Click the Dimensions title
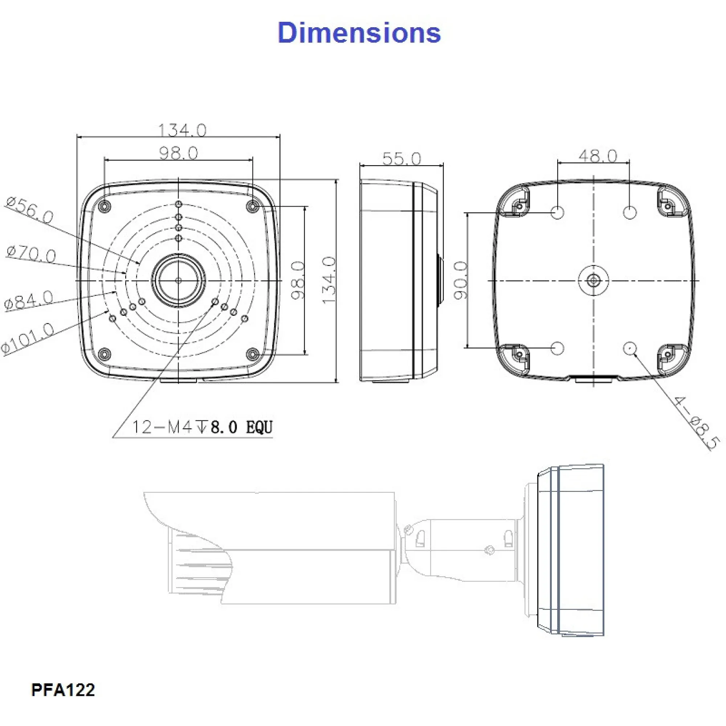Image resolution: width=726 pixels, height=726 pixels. coord(359,33)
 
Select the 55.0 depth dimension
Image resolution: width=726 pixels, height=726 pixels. coord(402,159)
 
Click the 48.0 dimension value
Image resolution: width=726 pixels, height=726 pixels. coord(597,156)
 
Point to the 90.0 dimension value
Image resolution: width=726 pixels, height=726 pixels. coord(461,281)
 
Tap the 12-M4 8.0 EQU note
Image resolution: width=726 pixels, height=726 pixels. coord(202,427)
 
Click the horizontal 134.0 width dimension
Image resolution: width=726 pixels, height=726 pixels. coord(182,130)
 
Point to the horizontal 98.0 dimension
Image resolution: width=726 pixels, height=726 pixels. coord(179,153)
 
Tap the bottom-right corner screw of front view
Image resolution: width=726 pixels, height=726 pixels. coord(253,354)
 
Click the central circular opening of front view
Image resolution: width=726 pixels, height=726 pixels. coord(178,280)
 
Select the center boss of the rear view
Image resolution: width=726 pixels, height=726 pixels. coord(593,280)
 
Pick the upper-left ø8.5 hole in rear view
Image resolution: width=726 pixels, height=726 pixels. coord(557,212)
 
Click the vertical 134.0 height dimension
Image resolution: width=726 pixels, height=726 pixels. coord(328,280)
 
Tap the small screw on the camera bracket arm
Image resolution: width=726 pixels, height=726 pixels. coord(490,550)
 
